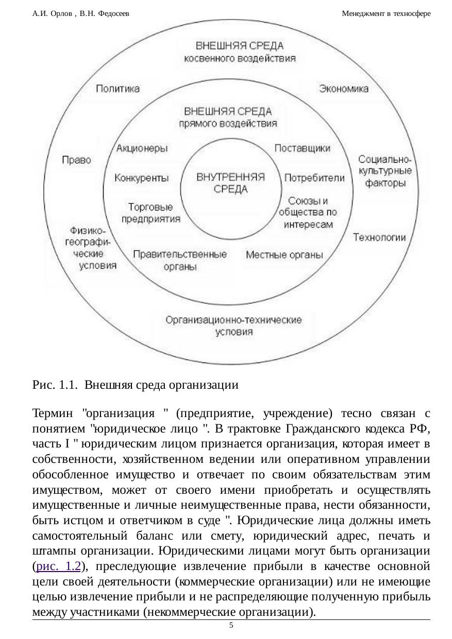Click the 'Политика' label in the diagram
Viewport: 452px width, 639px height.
tap(118, 89)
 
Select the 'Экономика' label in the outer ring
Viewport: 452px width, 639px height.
tap(344, 89)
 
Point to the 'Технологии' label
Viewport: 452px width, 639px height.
tap(379, 237)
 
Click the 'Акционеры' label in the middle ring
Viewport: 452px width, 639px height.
tap(142, 149)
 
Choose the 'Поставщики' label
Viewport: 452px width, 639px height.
tap(303, 148)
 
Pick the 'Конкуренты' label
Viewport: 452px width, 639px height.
tap(141, 178)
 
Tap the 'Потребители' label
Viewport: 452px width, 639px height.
tap(314, 178)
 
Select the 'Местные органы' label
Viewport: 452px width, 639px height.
tap(284, 255)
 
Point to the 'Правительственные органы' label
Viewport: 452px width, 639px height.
tap(180, 260)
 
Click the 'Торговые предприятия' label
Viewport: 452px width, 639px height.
tap(151, 213)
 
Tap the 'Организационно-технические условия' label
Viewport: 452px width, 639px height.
tap(233, 326)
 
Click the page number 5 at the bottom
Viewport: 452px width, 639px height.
tap(231, 625)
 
